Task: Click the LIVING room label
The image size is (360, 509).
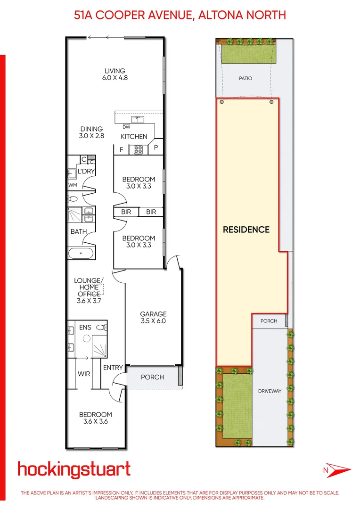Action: click(115, 71)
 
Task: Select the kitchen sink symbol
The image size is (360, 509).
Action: click(139, 119)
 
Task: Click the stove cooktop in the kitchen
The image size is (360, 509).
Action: click(139, 149)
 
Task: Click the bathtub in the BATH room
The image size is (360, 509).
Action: click(82, 253)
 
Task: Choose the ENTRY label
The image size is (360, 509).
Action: click(113, 368)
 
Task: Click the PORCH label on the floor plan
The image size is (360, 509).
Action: click(153, 377)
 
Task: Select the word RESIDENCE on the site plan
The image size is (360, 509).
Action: click(246, 230)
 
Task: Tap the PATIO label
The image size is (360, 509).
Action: click(245, 78)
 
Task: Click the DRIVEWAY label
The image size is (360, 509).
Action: click(270, 391)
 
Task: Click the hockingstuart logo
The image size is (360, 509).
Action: click(74, 469)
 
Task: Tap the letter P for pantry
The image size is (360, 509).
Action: click(156, 148)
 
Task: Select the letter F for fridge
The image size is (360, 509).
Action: click(122, 149)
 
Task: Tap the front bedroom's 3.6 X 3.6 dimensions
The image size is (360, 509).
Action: click(96, 422)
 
